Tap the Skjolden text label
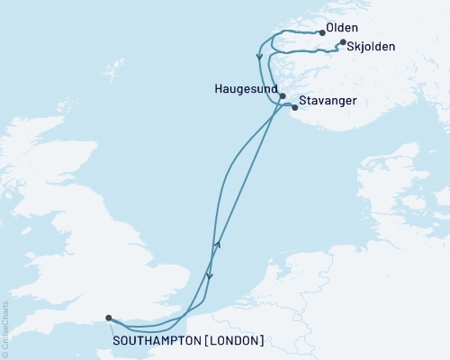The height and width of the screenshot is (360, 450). (373, 47)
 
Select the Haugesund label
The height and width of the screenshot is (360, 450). (247, 91)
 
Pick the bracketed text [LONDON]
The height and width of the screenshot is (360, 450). (235, 340)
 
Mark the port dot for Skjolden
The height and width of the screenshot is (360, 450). (342, 40)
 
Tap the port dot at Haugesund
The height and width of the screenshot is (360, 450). (283, 95)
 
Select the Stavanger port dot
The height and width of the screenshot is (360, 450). (295, 107)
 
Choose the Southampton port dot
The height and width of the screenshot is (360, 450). (108, 318)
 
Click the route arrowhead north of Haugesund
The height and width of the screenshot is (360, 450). (260, 58)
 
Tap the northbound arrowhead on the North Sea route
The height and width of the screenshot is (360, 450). (217, 244)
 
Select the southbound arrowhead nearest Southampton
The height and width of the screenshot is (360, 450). (209, 277)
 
